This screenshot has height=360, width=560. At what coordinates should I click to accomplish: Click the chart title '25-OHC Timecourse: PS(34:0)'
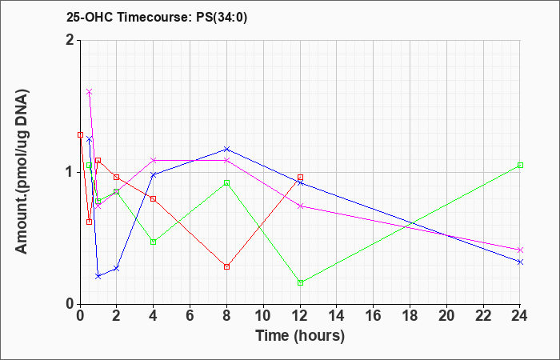tap(157, 17)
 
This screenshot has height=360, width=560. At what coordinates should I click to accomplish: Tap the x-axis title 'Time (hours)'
tap(300, 336)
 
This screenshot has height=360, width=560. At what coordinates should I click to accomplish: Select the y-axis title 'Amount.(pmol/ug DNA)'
tap(22, 171)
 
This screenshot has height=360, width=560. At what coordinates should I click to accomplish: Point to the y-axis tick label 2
tap(70, 40)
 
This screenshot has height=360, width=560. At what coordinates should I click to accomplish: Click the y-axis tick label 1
tap(70, 173)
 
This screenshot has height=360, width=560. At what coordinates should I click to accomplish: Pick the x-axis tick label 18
tap(410, 316)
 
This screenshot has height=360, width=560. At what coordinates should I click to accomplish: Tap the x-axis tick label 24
tap(520, 316)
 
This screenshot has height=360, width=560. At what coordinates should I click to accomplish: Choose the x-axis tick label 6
tap(190, 316)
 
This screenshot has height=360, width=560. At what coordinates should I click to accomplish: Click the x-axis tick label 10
tap(263, 316)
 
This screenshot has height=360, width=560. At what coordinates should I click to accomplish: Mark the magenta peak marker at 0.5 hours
tap(90, 92)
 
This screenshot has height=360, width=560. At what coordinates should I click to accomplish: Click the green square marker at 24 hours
tap(520, 165)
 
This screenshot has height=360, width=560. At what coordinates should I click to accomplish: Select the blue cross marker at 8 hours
tap(226, 149)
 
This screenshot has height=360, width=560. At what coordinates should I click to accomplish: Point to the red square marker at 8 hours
tap(226, 266)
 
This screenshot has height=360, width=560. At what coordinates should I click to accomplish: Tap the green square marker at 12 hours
tap(300, 282)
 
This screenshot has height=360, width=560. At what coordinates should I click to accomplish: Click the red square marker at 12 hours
tap(300, 177)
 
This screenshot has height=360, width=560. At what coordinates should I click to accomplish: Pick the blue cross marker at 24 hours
tap(520, 262)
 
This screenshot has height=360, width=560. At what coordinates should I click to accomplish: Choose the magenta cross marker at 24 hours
tap(520, 250)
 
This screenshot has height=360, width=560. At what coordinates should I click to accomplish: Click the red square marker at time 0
tap(80, 134)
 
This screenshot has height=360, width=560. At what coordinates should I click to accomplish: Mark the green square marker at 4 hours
tap(154, 242)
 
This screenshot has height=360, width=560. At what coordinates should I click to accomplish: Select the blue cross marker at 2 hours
tap(117, 268)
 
